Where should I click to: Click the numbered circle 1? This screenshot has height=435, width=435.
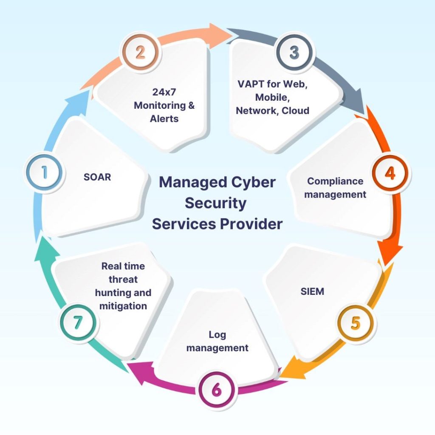coord(44,172)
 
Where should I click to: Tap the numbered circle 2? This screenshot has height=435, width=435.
coord(140,53)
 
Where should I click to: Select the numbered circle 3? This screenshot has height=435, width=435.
coord(294,53)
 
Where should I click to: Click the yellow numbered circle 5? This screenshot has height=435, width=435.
coord(355,322)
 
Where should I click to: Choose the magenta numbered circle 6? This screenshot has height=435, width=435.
coord(216,389)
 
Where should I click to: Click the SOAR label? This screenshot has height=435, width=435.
coord(97,177)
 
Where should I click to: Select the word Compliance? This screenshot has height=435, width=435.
coord(335,181)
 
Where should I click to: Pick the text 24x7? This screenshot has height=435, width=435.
coord(164,92)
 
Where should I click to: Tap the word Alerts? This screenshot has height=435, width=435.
coord(164,119)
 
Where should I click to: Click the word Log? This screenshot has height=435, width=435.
coord(217,334)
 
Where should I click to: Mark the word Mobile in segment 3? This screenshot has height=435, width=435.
coord(271,97)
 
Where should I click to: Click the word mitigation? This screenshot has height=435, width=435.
coord(123,305)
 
